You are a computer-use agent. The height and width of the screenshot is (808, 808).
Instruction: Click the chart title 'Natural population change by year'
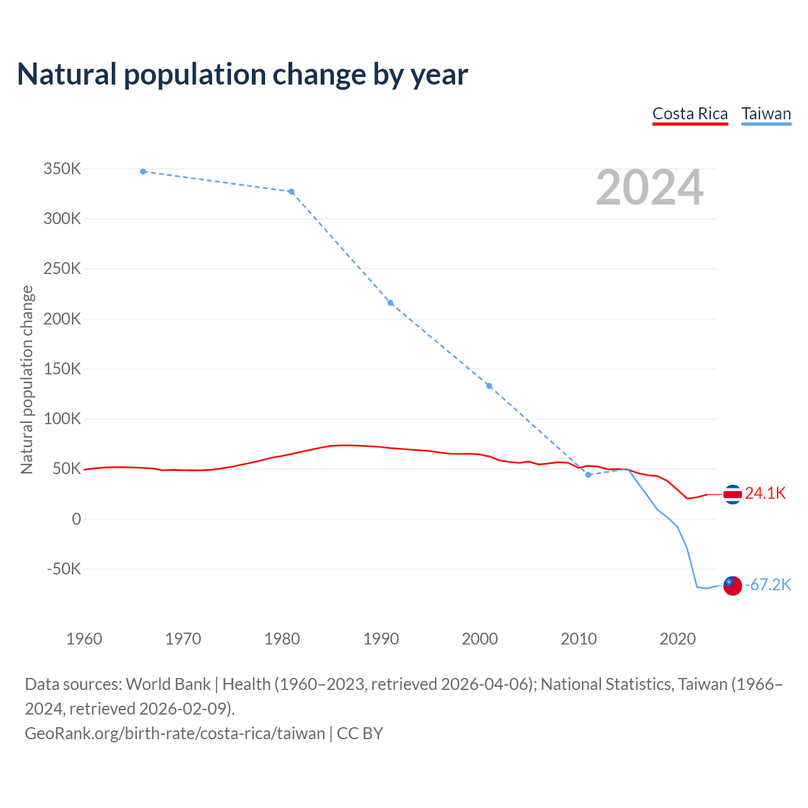coord(242,74)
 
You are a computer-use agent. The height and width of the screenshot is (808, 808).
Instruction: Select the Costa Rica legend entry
coord(690,114)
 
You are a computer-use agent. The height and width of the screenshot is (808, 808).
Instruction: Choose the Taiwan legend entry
coord(766,114)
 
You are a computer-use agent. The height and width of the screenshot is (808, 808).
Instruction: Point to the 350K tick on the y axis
coord(62,169)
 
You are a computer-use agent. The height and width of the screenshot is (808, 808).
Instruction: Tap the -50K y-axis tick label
coord(64,569)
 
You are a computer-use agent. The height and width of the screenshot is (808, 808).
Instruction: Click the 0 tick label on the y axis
coord(76,519)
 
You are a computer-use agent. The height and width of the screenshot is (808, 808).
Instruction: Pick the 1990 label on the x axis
coord(381,639)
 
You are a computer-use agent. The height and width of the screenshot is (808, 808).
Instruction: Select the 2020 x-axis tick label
coord(678,639)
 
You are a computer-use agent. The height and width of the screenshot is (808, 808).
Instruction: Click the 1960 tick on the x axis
coord(84,639)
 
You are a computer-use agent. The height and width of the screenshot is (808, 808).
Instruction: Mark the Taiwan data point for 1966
coord(143,172)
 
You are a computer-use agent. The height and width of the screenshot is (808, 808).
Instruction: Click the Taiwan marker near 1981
coord(292,192)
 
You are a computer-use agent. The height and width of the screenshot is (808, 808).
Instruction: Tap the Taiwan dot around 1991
coord(391,303)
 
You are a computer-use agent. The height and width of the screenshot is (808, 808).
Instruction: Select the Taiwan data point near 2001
coord(489,386)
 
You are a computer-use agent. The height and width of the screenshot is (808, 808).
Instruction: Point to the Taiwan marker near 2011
coord(588,475)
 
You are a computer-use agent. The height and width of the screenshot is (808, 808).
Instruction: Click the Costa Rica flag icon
coord(732,494)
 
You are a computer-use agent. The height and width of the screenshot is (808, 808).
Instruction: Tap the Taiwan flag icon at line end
coord(732,586)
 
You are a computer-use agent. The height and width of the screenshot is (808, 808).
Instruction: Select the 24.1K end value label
coord(765,494)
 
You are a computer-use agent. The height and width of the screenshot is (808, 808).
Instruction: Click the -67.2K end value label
coord(768,585)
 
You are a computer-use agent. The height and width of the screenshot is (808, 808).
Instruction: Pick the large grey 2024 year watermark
coord(650,187)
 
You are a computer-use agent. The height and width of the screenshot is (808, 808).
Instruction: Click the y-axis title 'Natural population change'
coord(27,379)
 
